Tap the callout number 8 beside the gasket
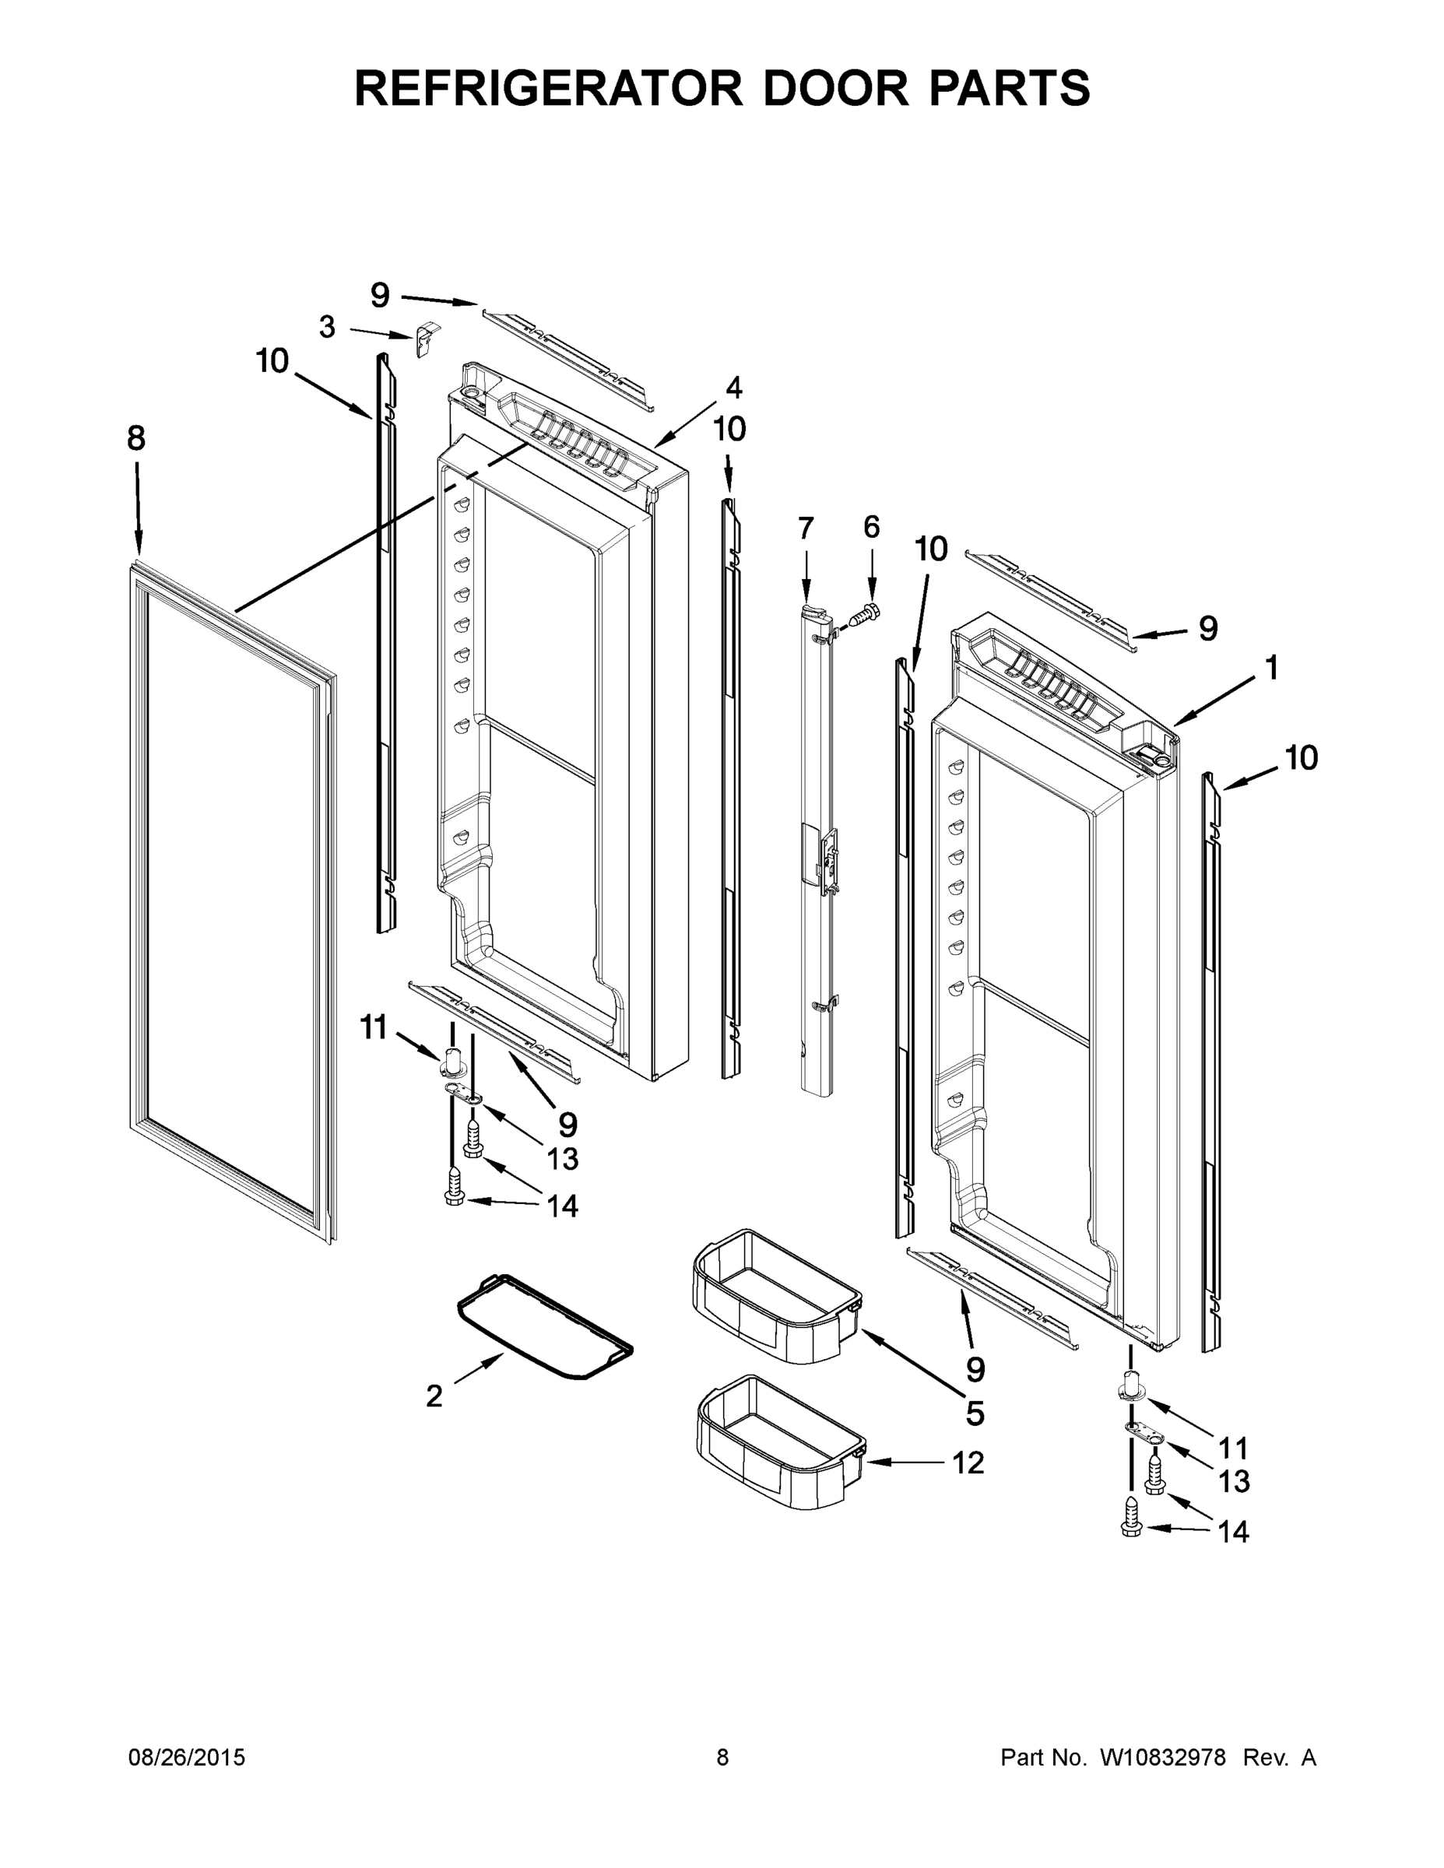136,439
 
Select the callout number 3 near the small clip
327,327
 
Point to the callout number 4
733,388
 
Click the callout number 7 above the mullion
806,528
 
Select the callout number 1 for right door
1271,667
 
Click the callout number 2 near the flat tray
434,1396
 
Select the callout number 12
968,1462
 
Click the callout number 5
975,1413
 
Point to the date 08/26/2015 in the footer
187,1757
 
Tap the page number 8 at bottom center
722,1757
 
